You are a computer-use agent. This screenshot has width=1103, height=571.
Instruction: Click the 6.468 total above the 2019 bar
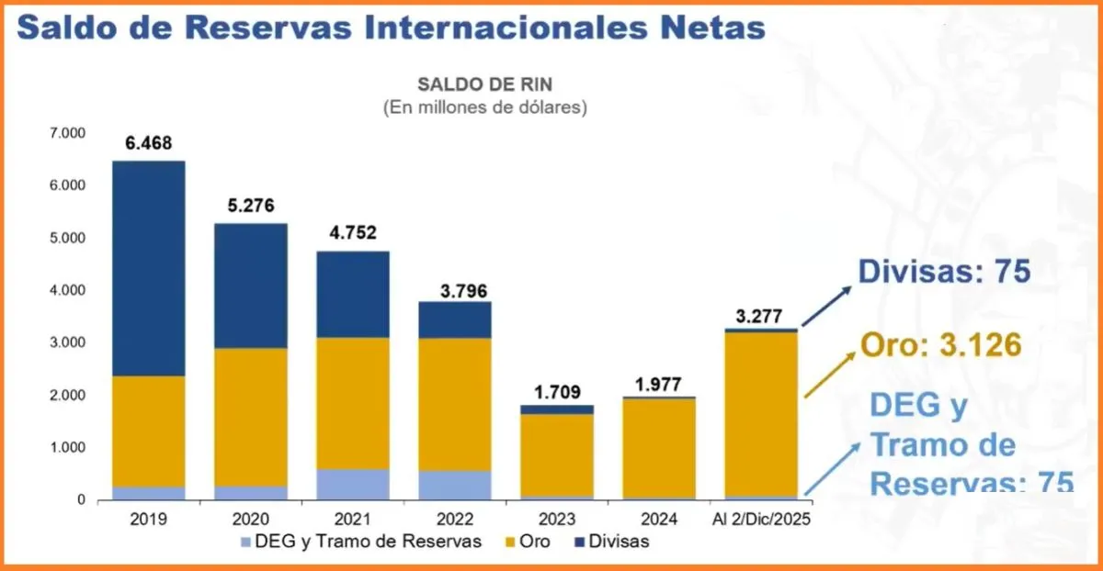coord(149,144)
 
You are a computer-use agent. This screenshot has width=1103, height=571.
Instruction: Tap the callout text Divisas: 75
coord(945,272)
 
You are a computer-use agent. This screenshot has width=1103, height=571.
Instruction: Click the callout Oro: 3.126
coord(941,345)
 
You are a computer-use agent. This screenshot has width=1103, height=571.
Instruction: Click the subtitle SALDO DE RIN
coord(483,84)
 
